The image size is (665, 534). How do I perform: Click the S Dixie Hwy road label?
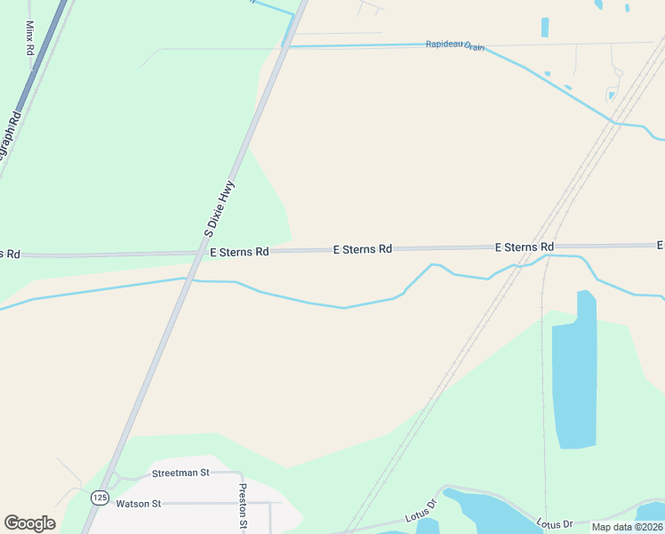tap(219, 208)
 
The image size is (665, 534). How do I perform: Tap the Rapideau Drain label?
tap(454, 44)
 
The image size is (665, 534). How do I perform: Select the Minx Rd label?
tap(29, 39)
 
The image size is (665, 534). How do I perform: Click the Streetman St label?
tap(180, 473)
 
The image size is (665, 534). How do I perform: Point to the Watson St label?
tap(138, 504)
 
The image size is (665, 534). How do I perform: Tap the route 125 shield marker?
tap(99, 497)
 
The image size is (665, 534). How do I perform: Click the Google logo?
tap(29, 523)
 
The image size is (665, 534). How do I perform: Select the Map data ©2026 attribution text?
tap(627, 527)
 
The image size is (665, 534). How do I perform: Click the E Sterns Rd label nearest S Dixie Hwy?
tap(239, 252)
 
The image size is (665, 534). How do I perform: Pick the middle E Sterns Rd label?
tap(362, 250)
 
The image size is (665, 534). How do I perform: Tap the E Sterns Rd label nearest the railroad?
tap(524, 247)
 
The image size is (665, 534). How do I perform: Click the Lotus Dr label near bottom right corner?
tap(555, 523)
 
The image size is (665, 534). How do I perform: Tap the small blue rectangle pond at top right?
tap(544, 28)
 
